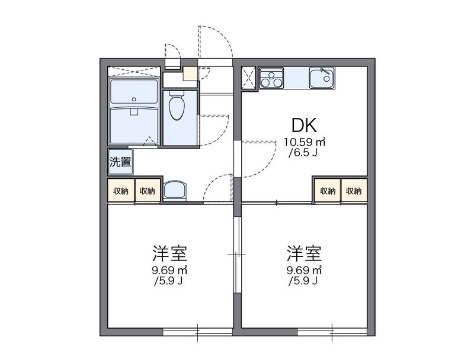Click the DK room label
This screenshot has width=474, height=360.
coord(305,125)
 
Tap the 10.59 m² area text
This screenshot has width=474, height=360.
coord(305,142)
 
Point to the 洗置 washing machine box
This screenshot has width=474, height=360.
coord(120,162)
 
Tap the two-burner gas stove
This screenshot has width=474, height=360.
coord(272,78)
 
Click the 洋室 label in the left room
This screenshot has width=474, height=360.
coord(169,254)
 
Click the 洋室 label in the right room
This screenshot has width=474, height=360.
coord(305,254)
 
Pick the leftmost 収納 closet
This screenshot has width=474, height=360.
coord(121,191)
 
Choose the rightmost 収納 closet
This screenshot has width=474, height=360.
coord(354,191)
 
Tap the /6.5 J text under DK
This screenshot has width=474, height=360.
coord(305,153)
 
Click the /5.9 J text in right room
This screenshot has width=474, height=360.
coord(305,281)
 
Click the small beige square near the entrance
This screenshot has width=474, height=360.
coord(189,74)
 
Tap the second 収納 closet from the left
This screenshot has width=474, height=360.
coord(148,191)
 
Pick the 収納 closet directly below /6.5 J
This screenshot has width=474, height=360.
coord(327,191)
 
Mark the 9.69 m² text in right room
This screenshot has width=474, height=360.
coord(305,271)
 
